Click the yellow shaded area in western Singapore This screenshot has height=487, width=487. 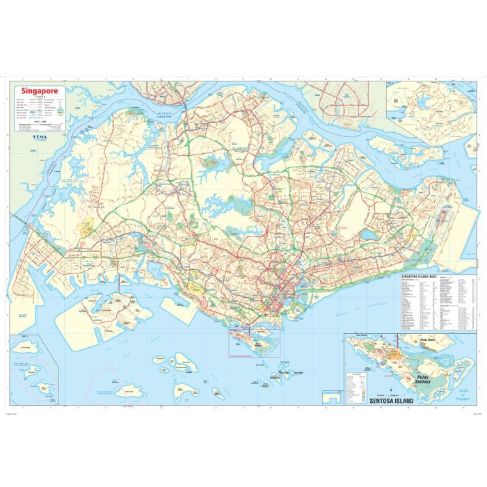click(88, 226)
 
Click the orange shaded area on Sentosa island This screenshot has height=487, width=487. click(393, 356)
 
